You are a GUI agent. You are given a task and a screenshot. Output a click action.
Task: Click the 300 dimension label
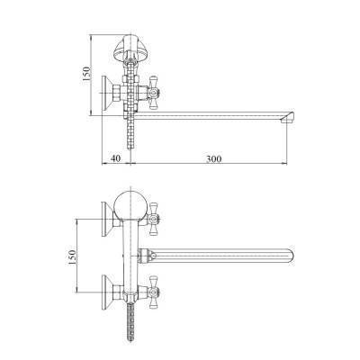(x=214, y=158)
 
